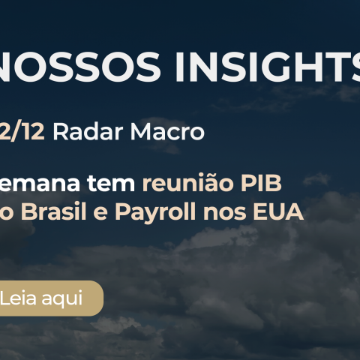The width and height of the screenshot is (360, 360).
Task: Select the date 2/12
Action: coord(23,133)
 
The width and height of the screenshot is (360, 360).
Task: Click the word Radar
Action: coord(83,133)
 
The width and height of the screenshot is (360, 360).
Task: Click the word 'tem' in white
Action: coord(114,182)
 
